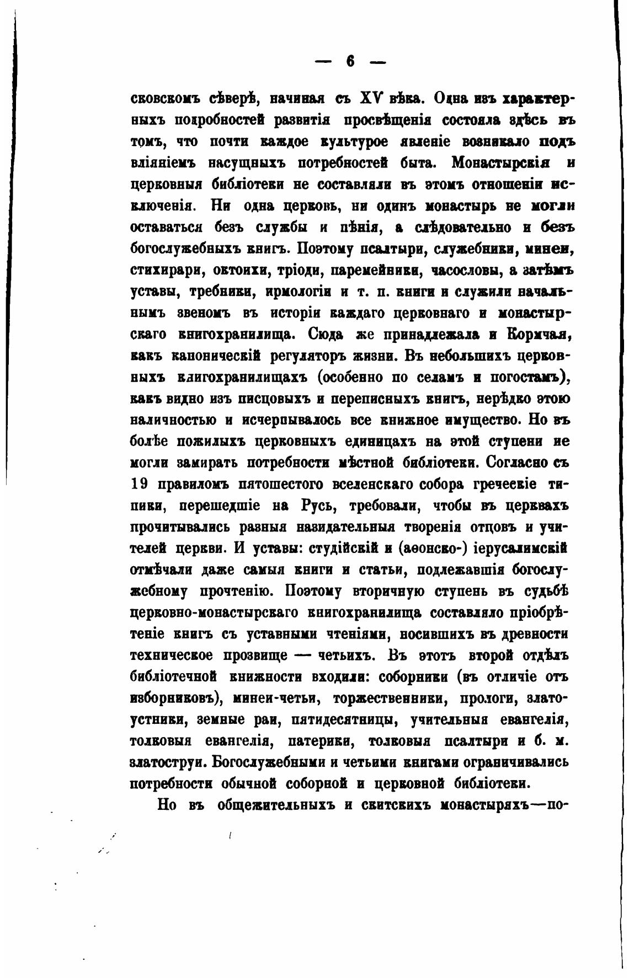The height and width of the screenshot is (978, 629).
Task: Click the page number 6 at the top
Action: pyautogui.click(x=350, y=62)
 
